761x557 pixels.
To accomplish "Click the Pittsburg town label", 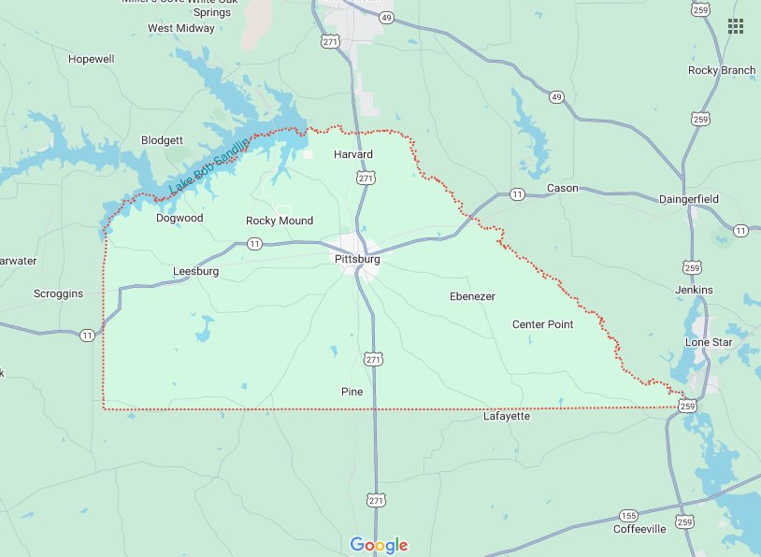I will pyautogui.click(x=357, y=259).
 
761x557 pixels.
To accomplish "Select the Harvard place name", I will pyautogui.click(x=353, y=154).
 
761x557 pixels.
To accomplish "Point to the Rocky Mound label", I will pyautogui.click(x=280, y=221).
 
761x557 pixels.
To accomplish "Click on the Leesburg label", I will pyautogui.click(x=195, y=272).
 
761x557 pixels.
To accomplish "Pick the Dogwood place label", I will pyautogui.click(x=179, y=218).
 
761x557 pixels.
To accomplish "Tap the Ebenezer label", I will pyautogui.click(x=472, y=296).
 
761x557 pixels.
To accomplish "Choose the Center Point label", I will pyautogui.click(x=542, y=324).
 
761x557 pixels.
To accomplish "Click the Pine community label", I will pyautogui.click(x=352, y=392).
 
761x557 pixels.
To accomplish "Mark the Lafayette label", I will pyautogui.click(x=507, y=416).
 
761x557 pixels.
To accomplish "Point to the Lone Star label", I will pyautogui.click(x=708, y=342).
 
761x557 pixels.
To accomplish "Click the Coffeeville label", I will pyautogui.click(x=639, y=529).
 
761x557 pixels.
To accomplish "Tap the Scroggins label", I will pyautogui.click(x=58, y=293).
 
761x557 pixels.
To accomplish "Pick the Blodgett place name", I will pyautogui.click(x=162, y=140).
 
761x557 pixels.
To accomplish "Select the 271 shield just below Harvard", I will pyautogui.click(x=366, y=178).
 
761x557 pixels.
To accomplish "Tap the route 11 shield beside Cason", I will pyautogui.click(x=516, y=194).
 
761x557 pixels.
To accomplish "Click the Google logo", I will pyautogui.click(x=380, y=545).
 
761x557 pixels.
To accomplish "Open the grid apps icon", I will pyautogui.click(x=736, y=25).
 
